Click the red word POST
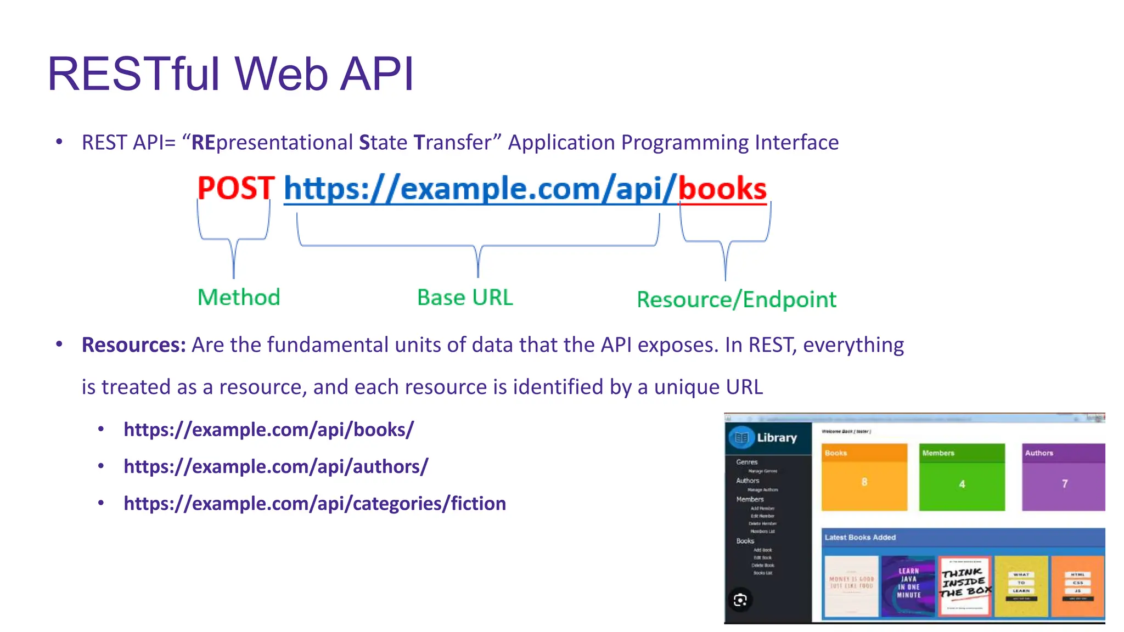point(235,188)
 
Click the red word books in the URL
point(722,189)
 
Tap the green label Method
point(239,297)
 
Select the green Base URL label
point(465,297)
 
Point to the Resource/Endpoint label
point(737,300)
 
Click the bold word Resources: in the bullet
point(134,345)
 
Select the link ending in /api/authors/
point(276,466)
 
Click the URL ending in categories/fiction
point(314,503)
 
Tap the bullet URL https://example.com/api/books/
point(268,430)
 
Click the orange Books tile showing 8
point(864,477)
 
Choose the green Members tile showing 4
point(962,477)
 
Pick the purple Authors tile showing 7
point(1063,477)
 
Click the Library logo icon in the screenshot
point(741,438)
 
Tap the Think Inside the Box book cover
point(965,586)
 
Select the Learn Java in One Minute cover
point(908,586)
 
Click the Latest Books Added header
point(860,538)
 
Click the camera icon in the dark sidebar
point(740,600)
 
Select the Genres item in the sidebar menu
point(746,462)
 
